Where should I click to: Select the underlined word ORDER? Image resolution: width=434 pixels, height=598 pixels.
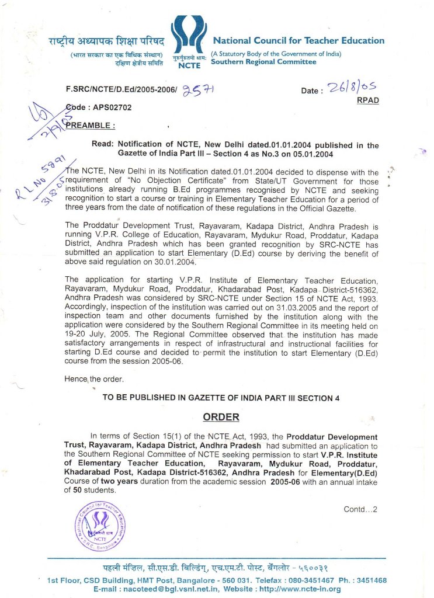[x=221, y=417]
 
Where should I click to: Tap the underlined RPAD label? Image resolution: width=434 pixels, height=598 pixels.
[x=367, y=100]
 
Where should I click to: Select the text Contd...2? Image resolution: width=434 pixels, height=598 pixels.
[x=360, y=509]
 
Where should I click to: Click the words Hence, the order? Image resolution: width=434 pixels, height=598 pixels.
[x=91, y=379]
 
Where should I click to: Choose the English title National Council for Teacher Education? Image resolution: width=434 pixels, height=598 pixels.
[x=298, y=41]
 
